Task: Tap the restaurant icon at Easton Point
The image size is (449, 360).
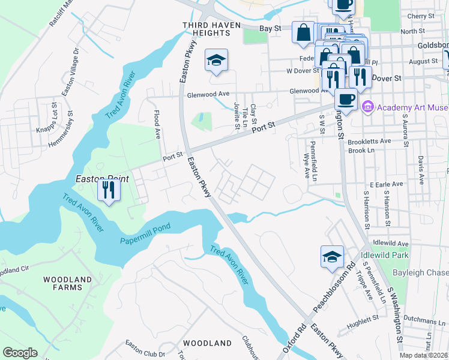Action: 109,191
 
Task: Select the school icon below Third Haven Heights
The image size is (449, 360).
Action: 216,60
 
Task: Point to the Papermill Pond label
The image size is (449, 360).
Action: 145,230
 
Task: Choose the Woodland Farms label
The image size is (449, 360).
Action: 67,283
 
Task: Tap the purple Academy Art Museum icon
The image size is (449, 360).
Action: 367,107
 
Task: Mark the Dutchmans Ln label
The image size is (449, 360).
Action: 429,322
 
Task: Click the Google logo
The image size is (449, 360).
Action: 20,353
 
